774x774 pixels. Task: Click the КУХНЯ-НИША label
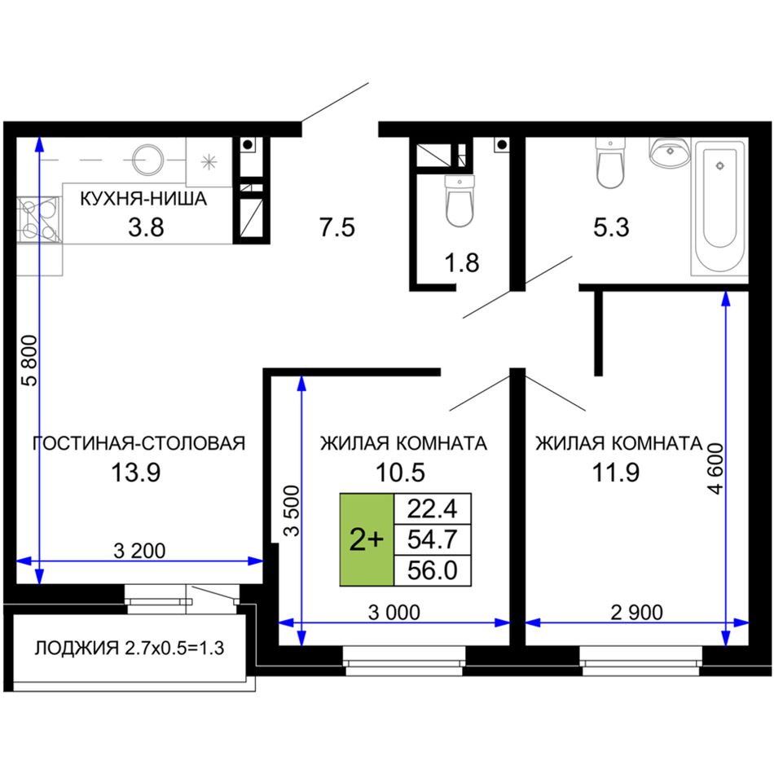[143, 199]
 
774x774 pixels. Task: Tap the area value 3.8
[146, 227]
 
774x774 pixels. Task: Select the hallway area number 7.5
[337, 227]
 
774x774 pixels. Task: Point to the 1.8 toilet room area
[462, 263]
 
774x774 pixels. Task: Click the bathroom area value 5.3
[611, 227]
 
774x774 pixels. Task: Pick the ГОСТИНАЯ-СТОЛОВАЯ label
[139, 443]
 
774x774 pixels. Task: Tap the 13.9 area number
[136, 473]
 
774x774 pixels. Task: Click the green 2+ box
[367, 539]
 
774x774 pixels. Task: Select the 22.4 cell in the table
[433, 508]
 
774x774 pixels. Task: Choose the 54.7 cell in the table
[433, 539]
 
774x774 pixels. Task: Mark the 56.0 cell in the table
[433, 570]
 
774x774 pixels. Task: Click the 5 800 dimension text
[29, 360]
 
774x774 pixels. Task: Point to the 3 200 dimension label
[139, 551]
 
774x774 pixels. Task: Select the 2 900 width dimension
[637, 613]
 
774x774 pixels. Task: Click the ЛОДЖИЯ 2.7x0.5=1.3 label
[130, 648]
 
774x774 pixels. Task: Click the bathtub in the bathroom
[719, 206]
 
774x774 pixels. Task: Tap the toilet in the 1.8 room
[460, 201]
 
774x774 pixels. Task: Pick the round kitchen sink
[148, 160]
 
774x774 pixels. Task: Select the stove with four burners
[39, 220]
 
